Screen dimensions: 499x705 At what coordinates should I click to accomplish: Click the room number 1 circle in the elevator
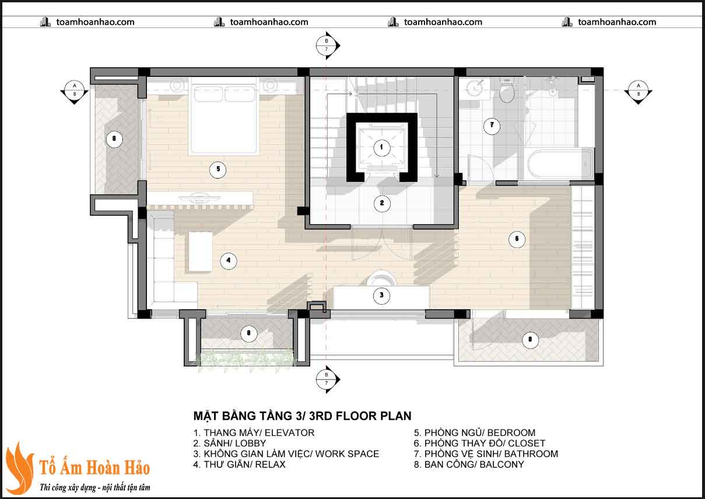(x=381, y=147)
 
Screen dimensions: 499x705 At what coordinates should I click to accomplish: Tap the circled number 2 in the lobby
(x=381, y=203)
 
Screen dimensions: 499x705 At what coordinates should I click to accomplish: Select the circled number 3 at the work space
(x=381, y=295)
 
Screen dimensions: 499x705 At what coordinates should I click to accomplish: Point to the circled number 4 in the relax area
(x=228, y=261)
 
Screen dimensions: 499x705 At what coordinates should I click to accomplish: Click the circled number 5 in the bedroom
(x=217, y=169)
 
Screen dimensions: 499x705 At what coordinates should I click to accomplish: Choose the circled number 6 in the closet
(x=516, y=239)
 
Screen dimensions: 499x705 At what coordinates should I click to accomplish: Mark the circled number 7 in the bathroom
(x=491, y=124)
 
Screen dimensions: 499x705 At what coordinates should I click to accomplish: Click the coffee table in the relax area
(x=200, y=251)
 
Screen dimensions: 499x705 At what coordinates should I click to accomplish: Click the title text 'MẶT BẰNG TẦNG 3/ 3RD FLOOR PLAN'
(x=302, y=416)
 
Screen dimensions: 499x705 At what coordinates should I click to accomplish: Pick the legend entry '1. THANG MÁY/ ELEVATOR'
(x=254, y=432)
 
